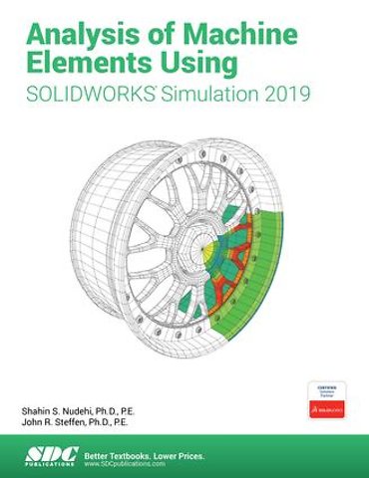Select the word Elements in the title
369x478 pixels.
pos(80,63)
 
